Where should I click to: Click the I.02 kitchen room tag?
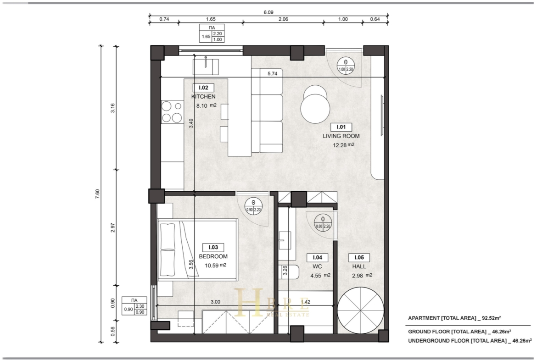(203, 88)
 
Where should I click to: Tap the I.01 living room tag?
(341, 127)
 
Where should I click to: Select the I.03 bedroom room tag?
(213, 248)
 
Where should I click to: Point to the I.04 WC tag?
(318, 258)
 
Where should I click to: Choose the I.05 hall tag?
(359, 258)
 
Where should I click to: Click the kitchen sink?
(206, 67)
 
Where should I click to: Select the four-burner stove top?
(172, 112)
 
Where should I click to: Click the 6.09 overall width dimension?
(268, 12)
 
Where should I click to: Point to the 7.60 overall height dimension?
(98, 194)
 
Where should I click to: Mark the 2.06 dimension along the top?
(283, 19)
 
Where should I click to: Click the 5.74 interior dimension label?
(273, 73)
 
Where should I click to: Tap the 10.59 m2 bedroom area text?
(215, 265)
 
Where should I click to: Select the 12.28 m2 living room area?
(343, 145)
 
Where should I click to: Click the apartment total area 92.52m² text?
(454, 318)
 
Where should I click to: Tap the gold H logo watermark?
(249, 302)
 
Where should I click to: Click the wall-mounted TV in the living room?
(382, 116)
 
